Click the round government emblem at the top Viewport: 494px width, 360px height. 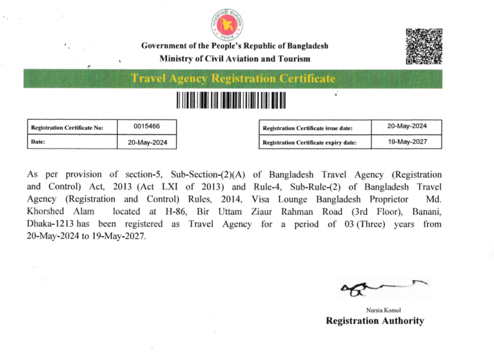[x=226, y=23]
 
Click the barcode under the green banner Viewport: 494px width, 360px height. [x=232, y=101]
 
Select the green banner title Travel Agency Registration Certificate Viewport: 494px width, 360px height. [x=233, y=79]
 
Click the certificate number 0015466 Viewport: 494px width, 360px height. [x=147, y=127]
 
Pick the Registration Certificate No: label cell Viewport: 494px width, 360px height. [x=67, y=128]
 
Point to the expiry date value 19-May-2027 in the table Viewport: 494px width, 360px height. [x=407, y=142]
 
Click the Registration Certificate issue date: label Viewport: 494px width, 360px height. [x=307, y=128]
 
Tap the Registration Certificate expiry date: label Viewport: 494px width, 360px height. [x=309, y=143]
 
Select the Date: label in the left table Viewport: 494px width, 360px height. [x=38, y=142]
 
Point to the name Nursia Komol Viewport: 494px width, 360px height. [x=380, y=310]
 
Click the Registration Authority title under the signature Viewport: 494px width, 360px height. [x=375, y=321]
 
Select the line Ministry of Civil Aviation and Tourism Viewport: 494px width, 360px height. [x=235, y=58]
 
